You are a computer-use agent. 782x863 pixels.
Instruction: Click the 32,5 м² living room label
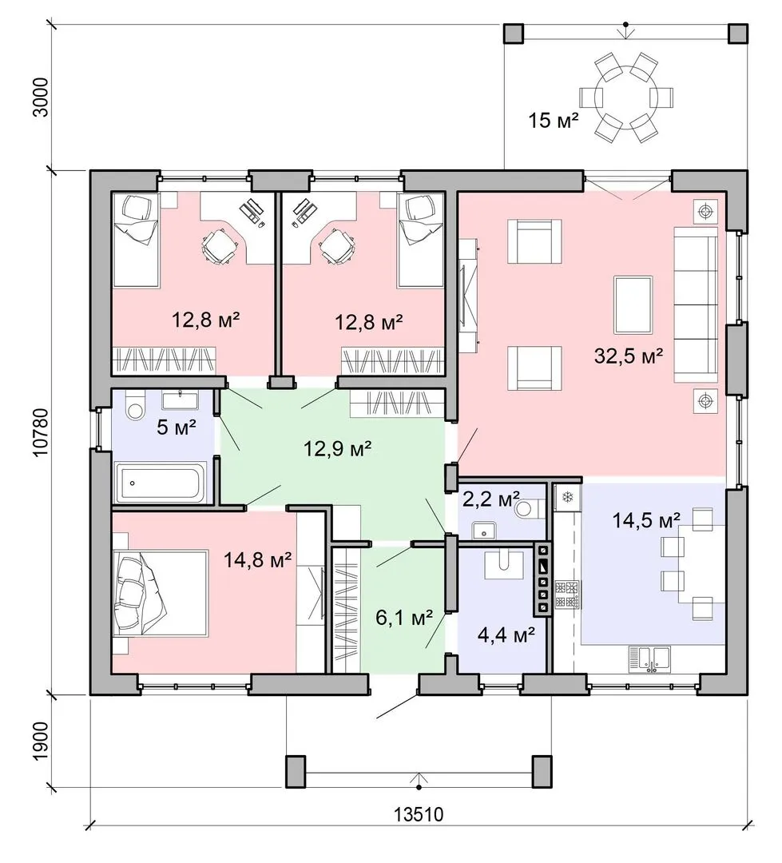[628, 356]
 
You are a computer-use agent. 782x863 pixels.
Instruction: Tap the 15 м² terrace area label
[553, 119]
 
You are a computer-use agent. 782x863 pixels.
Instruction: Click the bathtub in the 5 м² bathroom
[160, 483]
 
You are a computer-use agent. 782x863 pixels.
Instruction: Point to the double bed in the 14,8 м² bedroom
[160, 593]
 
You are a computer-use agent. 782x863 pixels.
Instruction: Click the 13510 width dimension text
[419, 813]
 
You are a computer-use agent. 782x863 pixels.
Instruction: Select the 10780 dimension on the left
[42, 432]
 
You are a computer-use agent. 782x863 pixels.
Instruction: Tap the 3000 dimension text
[42, 97]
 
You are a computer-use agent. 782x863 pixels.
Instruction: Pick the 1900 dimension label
[42, 741]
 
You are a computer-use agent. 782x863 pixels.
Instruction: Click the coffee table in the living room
[633, 305]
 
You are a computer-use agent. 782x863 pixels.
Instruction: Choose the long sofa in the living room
[696, 305]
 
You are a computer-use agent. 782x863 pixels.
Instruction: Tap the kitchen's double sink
[649, 658]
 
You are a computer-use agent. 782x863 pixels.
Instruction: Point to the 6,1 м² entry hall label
[404, 618]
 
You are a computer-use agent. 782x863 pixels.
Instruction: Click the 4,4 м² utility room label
[506, 636]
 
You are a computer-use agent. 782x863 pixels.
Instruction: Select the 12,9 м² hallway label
[338, 448]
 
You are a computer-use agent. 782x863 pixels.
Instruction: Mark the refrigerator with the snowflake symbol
[566, 497]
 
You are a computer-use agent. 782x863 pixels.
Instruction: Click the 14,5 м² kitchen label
[647, 519]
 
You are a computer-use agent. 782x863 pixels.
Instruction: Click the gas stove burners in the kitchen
[567, 595]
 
